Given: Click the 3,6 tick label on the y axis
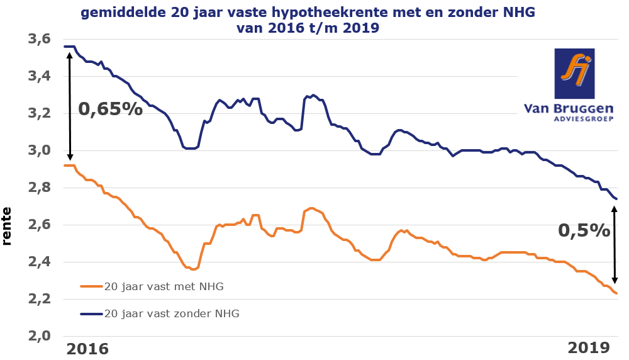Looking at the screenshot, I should pos(38,40).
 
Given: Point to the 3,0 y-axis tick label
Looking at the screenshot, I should pos(38,151).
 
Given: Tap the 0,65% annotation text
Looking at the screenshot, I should pos(111,109).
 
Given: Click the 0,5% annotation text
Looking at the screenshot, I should pos(584,230).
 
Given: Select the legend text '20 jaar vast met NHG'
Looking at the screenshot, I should pos(164,286).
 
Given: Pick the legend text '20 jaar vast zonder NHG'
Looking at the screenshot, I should pos(171,313).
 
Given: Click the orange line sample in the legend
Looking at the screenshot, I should pos(91,286).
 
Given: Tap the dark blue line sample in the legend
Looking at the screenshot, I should pos(91,313).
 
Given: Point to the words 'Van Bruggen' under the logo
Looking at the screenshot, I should pos(569,108).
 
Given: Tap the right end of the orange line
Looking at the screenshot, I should pos(616,293).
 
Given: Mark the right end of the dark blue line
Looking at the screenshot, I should pos(616,199).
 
